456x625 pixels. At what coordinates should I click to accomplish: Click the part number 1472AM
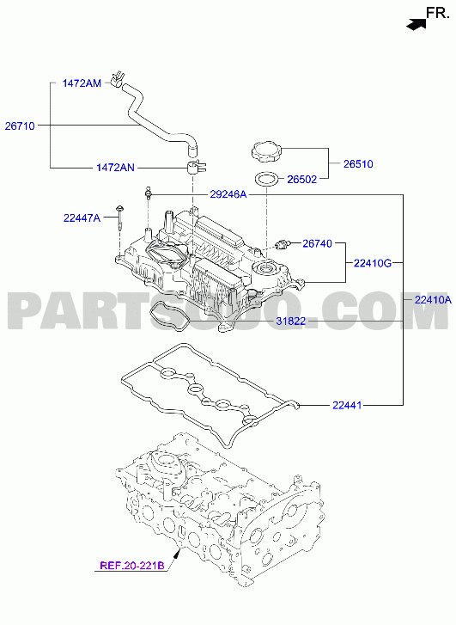82,83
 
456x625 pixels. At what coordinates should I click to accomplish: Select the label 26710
20,126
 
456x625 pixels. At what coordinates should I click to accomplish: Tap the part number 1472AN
115,168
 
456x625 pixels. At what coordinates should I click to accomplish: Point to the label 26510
358,164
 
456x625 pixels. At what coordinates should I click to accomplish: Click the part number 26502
302,180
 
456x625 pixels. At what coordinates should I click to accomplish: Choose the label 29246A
228,194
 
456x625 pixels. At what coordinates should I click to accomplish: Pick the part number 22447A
82,218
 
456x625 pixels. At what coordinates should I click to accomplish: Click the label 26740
318,243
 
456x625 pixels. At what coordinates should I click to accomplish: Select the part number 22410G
373,263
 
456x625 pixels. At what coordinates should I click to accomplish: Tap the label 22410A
434,300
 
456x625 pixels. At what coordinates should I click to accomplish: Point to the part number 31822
291,321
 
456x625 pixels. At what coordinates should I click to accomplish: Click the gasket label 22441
347,406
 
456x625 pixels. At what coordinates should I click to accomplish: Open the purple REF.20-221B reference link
132,566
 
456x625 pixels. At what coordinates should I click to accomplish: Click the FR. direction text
438,13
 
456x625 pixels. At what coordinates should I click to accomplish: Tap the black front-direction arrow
416,24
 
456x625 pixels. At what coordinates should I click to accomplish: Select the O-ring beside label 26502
266,179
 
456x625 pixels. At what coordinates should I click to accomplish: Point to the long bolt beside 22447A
119,218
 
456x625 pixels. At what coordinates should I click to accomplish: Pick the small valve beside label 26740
283,243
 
